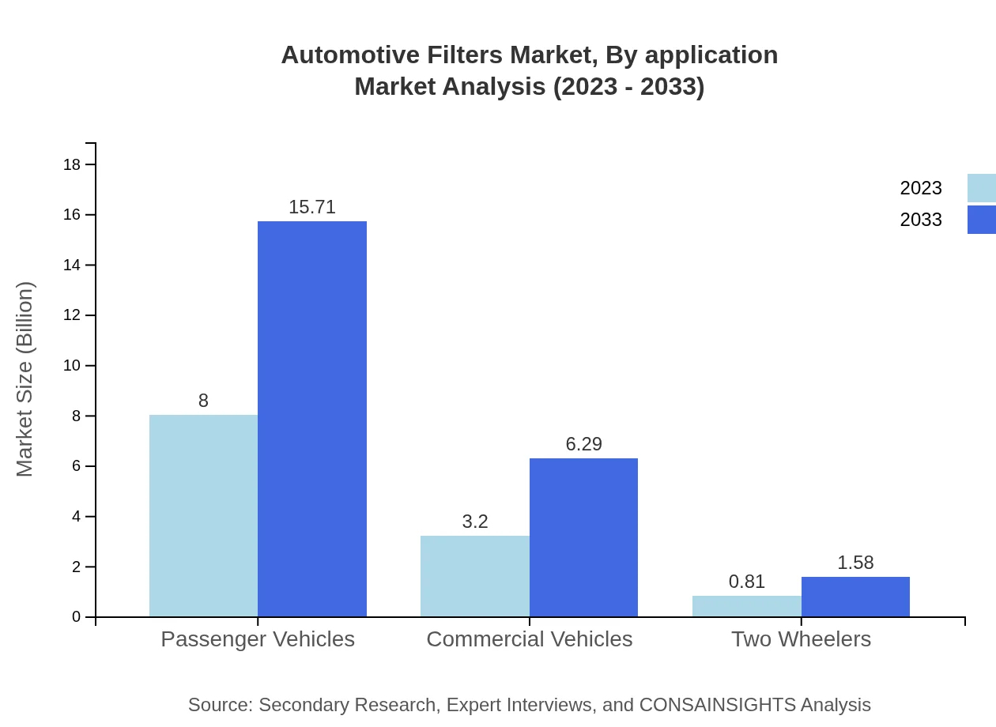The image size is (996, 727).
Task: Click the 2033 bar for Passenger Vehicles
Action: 312,419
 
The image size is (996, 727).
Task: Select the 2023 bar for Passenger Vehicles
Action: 203,515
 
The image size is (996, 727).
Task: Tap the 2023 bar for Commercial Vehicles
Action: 474,576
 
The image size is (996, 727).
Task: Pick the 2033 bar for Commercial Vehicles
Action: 583,537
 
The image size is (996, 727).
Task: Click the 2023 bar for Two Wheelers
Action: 746,606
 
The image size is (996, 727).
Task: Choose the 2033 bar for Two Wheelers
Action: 855,597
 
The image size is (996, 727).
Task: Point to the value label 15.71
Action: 312,207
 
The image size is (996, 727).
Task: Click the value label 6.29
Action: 583,444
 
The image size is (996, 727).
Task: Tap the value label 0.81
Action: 746,582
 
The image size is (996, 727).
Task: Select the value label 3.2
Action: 474,522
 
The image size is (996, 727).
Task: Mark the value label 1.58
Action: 855,563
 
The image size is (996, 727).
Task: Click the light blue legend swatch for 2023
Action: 981,188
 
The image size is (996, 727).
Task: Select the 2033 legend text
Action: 920,220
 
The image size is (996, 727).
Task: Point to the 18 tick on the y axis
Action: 72,164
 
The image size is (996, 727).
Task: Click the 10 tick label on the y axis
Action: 72,366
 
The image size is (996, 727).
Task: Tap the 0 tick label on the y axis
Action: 76,617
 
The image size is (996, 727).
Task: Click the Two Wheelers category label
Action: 801,638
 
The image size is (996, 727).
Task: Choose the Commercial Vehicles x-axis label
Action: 529,638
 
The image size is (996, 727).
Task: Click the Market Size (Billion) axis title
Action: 25,379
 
